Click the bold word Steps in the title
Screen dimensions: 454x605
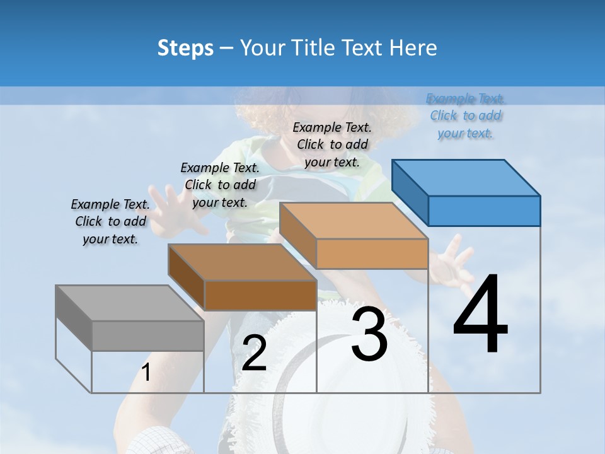pos(185,48)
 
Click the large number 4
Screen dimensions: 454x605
pos(480,315)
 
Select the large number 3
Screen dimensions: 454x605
pos(369,335)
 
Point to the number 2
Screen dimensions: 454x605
pos(254,353)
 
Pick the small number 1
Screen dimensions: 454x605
pos(146,372)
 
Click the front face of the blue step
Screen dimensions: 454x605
pos(484,211)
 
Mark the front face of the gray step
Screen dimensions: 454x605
pos(147,335)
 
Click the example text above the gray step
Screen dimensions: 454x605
pos(110,222)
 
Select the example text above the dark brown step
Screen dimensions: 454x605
pos(220,185)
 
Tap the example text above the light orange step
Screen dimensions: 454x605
pos(332,144)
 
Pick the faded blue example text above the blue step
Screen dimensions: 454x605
pos(466,116)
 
